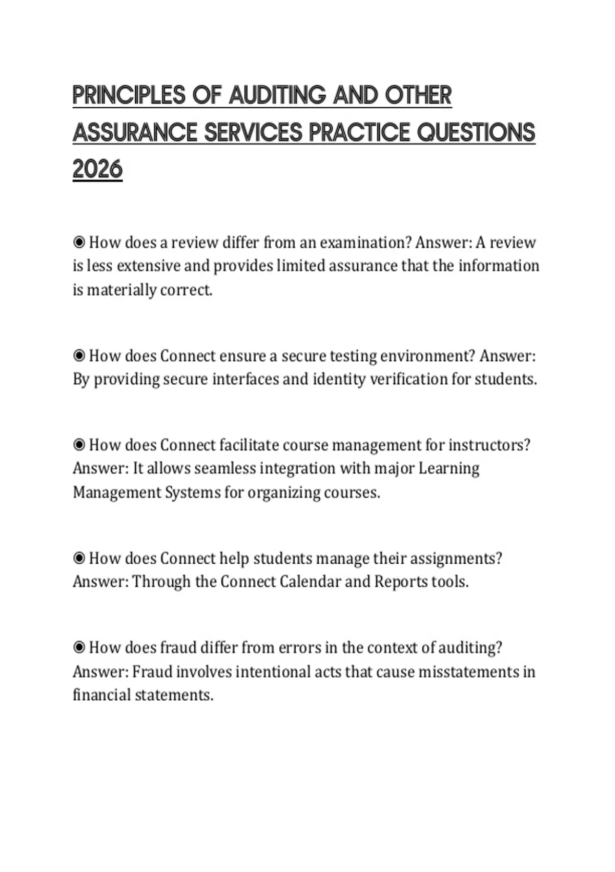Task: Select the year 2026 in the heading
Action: tap(97, 169)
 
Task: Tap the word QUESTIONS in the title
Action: tap(476, 133)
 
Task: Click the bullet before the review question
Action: tap(79, 242)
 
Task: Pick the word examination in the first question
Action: tap(365, 242)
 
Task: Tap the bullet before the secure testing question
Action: tap(79, 355)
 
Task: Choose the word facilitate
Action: tap(249, 445)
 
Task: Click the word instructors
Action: tap(489, 445)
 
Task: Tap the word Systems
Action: tap(192, 492)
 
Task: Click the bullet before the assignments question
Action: tap(79, 558)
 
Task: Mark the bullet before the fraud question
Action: tap(79, 647)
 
